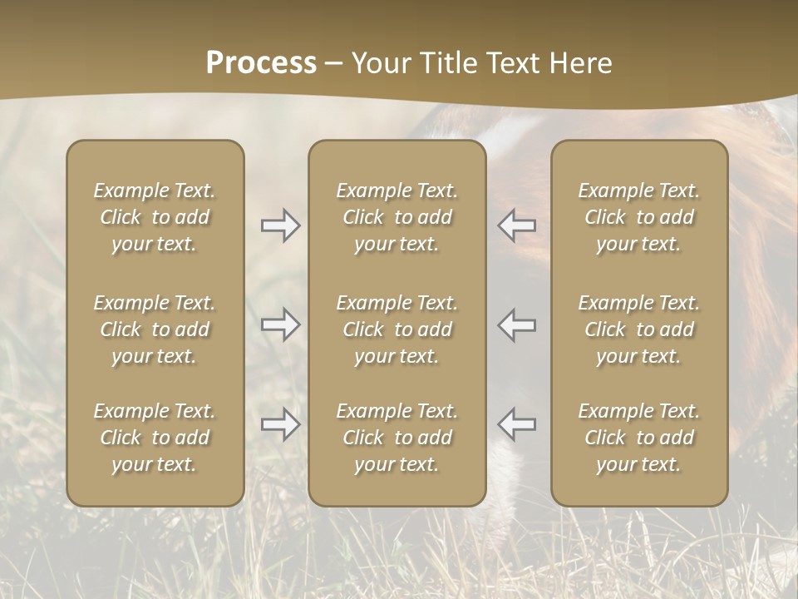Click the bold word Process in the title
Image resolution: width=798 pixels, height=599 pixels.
pos(261,63)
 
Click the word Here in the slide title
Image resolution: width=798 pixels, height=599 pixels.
pos(581,63)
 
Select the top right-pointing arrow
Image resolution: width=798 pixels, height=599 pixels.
pos(280,225)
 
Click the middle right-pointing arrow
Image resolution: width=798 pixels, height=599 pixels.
pos(280,324)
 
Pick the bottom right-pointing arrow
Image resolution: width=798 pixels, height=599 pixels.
pos(280,424)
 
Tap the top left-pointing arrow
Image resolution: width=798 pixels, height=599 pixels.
pos(517,225)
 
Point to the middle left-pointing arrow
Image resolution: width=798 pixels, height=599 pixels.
pos(517,324)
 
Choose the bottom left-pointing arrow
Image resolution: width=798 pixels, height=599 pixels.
pos(517,424)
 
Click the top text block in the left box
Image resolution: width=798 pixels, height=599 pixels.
pos(155,217)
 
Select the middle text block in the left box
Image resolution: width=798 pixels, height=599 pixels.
pos(155,329)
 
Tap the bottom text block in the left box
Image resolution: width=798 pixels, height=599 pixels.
pos(155,438)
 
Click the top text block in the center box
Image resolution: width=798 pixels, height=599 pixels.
pos(397,217)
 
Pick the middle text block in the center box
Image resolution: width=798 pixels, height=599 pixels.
pos(397,329)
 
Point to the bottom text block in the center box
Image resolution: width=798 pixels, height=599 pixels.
pos(397,438)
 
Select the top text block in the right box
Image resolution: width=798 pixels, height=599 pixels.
pos(638,217)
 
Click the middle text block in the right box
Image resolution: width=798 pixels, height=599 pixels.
pos(638,329)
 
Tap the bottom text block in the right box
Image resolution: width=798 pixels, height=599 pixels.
pos(638,438)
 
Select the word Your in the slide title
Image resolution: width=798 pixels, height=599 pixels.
pos(379,63)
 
